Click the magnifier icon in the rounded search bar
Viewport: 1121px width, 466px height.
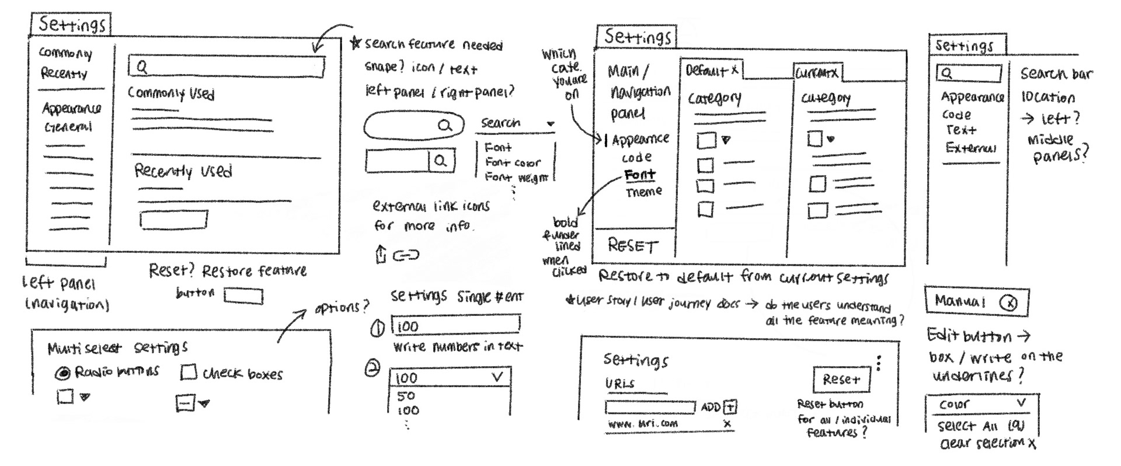coord(445,125)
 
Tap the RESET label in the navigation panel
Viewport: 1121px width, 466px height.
coord(632,246)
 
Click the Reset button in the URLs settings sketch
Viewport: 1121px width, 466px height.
coord(841,380)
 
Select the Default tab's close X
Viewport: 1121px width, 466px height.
coord(734,70)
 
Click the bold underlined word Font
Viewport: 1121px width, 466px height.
coord(640,175)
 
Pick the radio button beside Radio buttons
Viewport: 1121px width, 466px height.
coord(63,373)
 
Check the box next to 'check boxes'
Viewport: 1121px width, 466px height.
coord(189,373)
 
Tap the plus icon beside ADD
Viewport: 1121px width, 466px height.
coord(730,407)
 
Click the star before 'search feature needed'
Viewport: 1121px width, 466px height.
coord(355,43)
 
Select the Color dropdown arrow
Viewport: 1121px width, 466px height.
coord(1021,403)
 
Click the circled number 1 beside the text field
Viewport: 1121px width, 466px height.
coord(378,328)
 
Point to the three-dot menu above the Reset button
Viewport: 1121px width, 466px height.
coord(879,363)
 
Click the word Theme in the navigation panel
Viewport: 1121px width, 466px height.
coord(644,192)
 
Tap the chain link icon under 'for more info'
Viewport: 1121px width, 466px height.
coord(406,255)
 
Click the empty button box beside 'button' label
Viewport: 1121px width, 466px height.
coord(243,297)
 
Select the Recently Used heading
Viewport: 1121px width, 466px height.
coord(183,171)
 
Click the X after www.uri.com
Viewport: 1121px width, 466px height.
coord(727,424)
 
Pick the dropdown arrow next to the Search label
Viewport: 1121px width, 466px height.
coord(550,124)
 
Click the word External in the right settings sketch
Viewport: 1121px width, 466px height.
coord(970,148)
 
